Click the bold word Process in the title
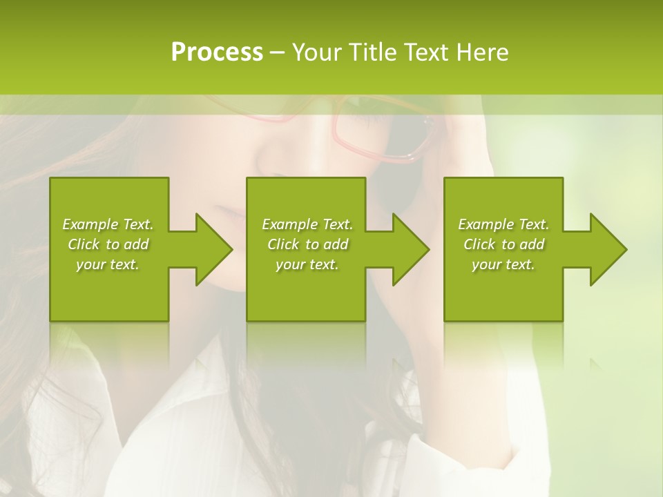[x=217, y=52]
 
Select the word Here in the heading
[x=482, y=52]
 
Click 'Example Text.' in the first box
[x=108, y=224]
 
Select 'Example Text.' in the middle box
[x=307, y=224]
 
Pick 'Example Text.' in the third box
[x=503, y=224]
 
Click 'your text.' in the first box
[x=108, y=264]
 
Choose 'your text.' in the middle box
[x=307, y=264]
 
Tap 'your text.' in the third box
[x=503, y=264]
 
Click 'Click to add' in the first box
[x=108, y=244]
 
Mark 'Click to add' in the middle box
[x=307, y=244]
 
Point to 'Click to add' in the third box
[x=503, y=244]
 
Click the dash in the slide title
[x=276, y=52]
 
